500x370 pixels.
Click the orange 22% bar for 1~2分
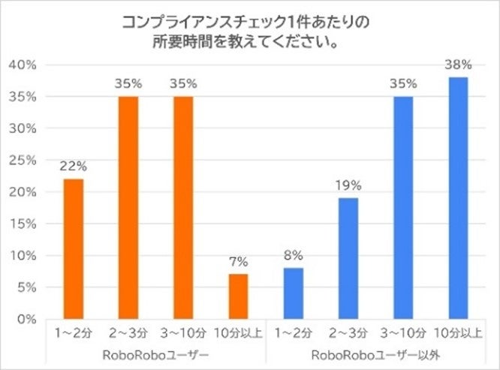tap(73, 248)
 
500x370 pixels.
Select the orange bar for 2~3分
tap(128, 208)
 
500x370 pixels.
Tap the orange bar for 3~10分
tap(183, 208)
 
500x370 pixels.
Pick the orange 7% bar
tap(238, 296)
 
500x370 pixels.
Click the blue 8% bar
tap(294, 293)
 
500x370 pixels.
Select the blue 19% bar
tap(348, 258)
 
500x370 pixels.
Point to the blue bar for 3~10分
tap(403, 208)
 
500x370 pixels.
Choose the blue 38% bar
tap(458, 198)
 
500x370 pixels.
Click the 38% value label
tap(458, 65)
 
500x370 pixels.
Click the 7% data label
tap(238, 262)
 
